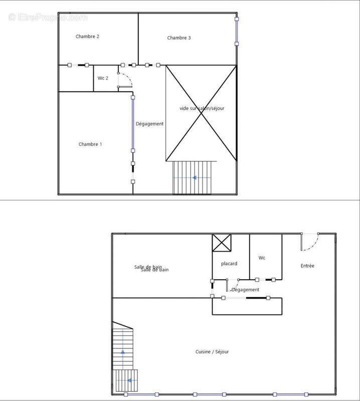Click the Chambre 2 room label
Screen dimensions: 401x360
87,37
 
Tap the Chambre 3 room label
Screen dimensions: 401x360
179,38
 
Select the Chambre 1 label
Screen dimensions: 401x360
90,144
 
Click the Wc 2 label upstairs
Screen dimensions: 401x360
103,78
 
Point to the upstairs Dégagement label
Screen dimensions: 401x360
149,124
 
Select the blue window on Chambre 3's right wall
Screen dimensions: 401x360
237,31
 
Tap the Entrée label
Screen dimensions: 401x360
307,266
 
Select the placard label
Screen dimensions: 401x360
229,264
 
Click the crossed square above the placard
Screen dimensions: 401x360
221,243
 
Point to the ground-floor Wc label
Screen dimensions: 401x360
262,258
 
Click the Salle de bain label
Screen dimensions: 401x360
151,268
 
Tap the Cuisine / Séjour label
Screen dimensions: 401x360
212,352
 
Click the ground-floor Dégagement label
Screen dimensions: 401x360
245,290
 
